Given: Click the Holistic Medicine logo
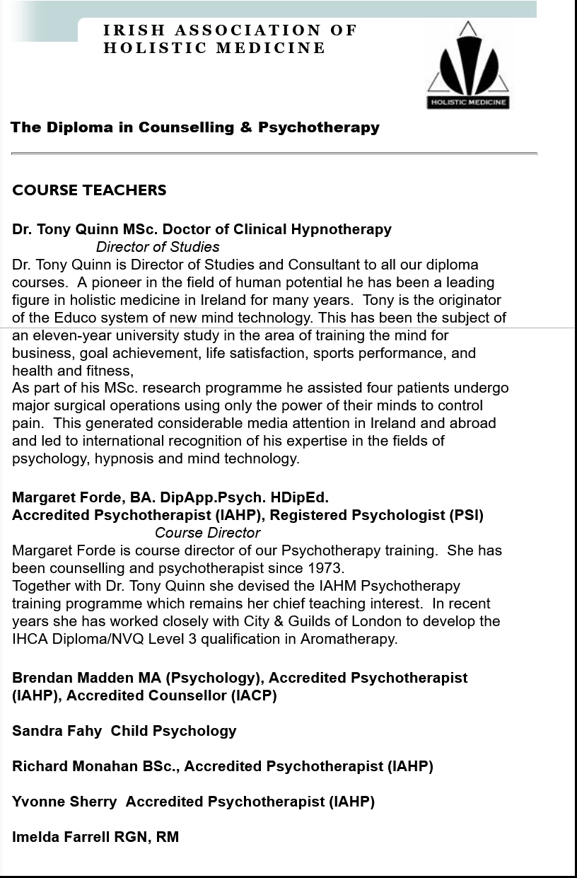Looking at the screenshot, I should (467, 66).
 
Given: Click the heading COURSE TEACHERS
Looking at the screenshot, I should (89, 190).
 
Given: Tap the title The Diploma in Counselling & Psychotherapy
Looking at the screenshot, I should (195, 128).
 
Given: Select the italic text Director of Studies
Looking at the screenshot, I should (158, 247).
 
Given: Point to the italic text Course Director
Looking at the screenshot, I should (207, 533).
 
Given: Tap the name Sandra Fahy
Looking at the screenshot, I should (57, 731).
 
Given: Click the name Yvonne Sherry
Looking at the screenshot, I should (64, 802).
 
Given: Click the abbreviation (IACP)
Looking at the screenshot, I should (253, 695).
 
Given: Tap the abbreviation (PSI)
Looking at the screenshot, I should (466, 515).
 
